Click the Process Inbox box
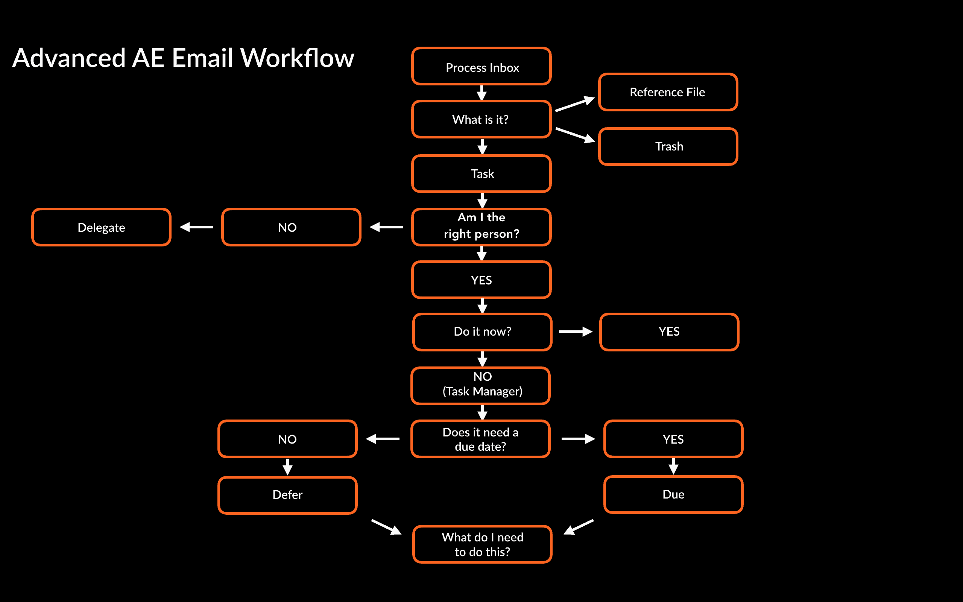point(481,67)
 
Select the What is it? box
point(481,119)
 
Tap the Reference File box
point(668,92)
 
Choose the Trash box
point(668,146)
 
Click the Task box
point(481,173)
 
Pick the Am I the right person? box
point(481,227)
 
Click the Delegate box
point(102,227)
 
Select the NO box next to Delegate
point(291,227)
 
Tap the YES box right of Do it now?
point(669,331)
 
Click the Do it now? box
point(482,331)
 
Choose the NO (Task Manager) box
point(481,385)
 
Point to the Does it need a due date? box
point(480,439)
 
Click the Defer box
point(287,495)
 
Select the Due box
point(673,494)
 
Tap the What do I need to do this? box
point(482,544)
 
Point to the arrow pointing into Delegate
point(197,227)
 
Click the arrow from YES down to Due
point(673,466)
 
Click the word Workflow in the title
point(297,58)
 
